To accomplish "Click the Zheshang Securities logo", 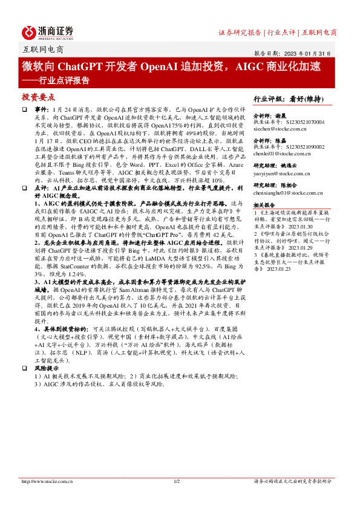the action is [48, 31].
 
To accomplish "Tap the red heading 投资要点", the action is [39, 97].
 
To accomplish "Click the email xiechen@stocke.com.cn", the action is [280, 129].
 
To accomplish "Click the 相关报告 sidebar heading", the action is [265, 205].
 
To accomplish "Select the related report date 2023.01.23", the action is [277, 269].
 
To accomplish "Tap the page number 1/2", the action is [177, 481].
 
